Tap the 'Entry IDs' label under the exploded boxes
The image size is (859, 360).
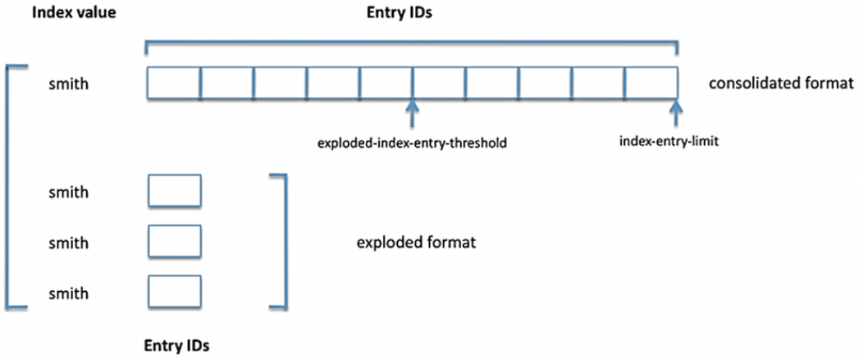(176, 345)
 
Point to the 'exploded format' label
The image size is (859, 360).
(416, 243)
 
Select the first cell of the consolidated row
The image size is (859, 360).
(174, 84)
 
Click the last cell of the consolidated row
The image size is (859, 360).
(651, 84)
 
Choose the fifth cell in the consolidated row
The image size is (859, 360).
(386, 84)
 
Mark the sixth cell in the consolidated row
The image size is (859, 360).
(439, 84)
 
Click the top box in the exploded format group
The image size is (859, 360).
(174, 191)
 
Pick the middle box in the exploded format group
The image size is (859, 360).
(174, 241)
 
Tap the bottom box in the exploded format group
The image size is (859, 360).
(174, 292)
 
